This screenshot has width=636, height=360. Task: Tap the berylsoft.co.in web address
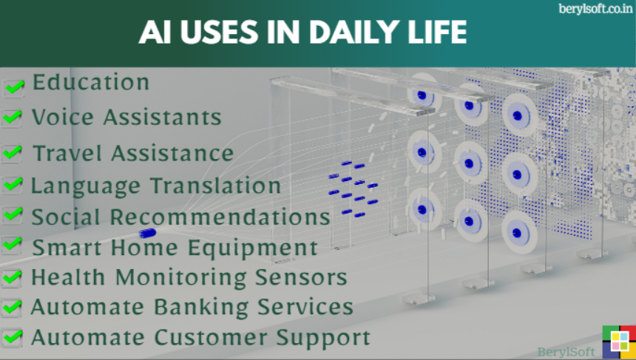coord(595,9)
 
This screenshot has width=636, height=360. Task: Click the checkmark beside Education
coord(14,86)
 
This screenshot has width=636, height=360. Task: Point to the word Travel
coord(67,153)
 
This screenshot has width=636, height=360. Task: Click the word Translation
coord(216,186)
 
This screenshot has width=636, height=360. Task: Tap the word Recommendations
coord(220,217)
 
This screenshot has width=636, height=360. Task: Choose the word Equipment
coord(253,248)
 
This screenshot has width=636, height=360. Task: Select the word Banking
coord(201,308)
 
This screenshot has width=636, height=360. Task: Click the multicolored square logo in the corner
coord(619,342)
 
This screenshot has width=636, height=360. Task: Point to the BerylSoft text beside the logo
coord(566,351)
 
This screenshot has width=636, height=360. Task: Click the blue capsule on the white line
coord(147,233)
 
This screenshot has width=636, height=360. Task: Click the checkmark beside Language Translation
coord(13,185)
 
